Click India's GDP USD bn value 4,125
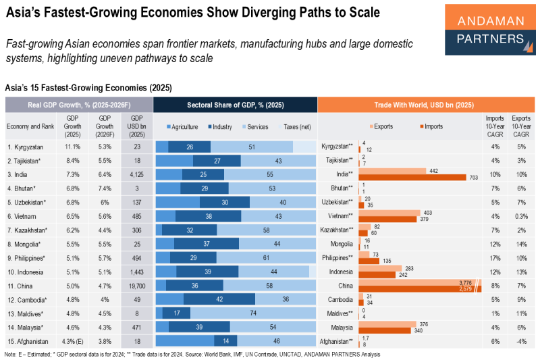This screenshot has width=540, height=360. pos(132,174)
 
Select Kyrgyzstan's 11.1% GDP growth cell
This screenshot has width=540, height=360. pos(72,147)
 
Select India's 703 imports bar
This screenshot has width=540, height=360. pos(412,178)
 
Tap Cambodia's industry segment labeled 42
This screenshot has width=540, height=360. pos(219,299)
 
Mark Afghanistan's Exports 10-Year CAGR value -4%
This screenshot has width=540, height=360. pos(521,341)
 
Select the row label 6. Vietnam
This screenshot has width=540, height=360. pos(24,216)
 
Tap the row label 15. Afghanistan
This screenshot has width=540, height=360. pos(29,341)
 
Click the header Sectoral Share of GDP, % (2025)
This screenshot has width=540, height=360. pos(235,105)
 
